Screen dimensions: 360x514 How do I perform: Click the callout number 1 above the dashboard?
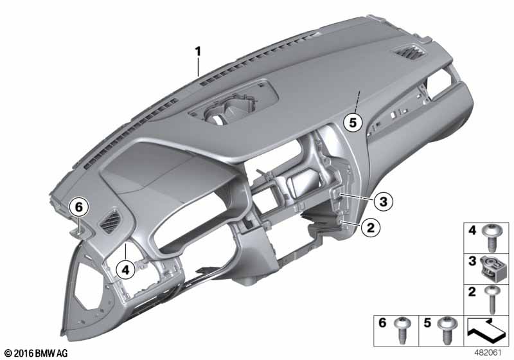(199, 50)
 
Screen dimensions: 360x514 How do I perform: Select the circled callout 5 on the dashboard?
(352, 122)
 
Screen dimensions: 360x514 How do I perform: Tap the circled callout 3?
(382, 202)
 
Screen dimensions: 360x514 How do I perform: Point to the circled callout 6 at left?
(78, 207)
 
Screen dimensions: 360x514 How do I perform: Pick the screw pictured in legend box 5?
(444, 331)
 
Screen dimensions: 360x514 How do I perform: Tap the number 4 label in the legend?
(471, 229)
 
